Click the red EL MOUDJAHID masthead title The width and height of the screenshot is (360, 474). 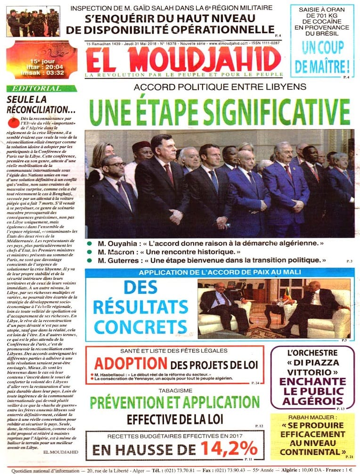(x=183, y=59)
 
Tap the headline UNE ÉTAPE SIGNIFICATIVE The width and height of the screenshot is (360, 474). (x=220, y=111)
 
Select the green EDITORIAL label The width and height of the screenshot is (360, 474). (x=42, y=88)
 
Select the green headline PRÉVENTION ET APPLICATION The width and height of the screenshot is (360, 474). (x=175, y=403)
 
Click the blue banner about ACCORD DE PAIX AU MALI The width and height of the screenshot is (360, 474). (x=220, y=273)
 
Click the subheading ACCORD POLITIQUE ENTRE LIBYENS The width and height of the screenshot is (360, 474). (x=220, y=87)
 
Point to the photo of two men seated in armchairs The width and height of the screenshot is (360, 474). (x=274, y=307)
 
